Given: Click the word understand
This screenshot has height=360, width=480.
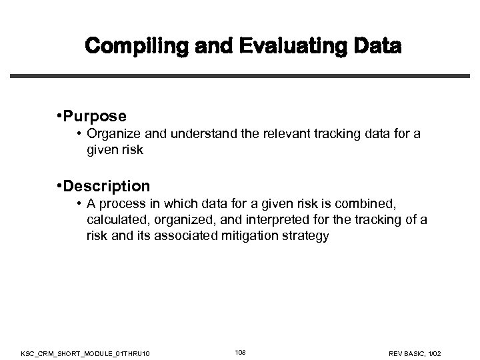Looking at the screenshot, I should click(199, 134).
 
